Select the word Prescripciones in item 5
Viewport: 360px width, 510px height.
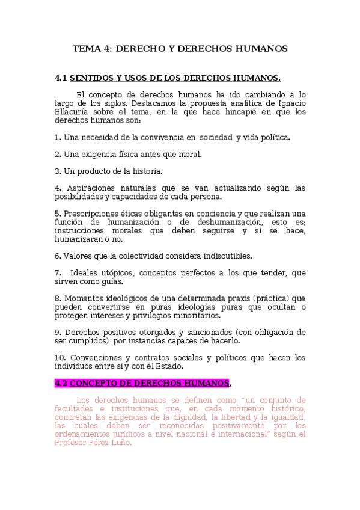tap(91, 214)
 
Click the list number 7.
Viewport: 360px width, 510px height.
tap(58, 272)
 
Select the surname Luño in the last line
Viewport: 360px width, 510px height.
tap(119, 442)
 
